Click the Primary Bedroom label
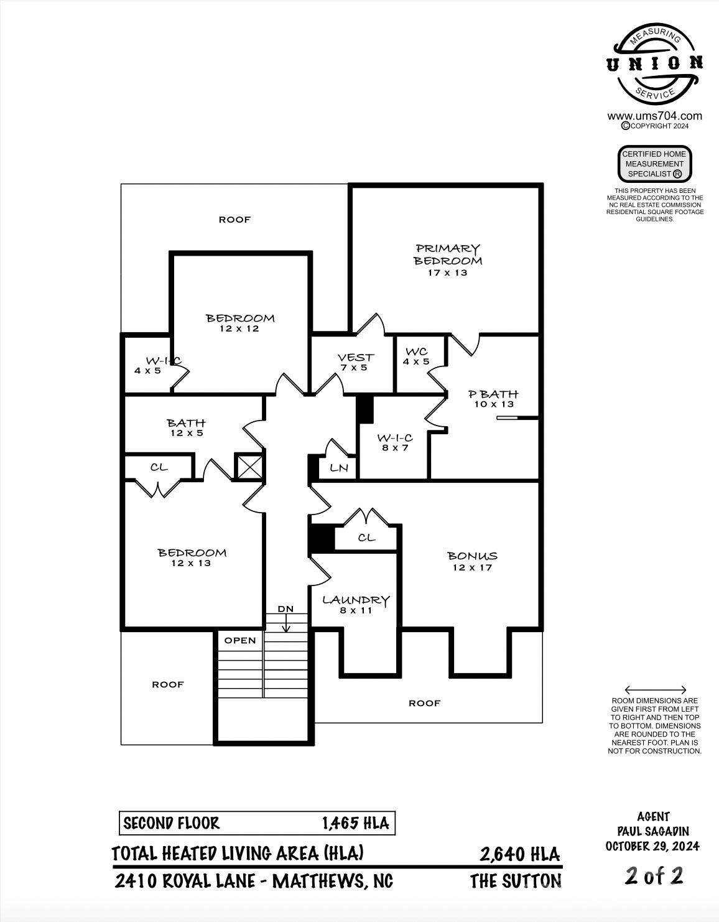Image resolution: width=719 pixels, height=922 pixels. click(x=448, y=254)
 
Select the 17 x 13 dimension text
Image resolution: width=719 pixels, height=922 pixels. click(x=447, y=272)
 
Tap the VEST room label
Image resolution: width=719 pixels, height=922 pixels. click(x=355, y=358)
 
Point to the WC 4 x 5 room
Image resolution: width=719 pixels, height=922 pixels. click(x=416, y=356)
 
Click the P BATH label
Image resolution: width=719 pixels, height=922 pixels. click(x=493, y=394)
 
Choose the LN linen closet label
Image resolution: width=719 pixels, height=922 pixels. click(x=339, y=468)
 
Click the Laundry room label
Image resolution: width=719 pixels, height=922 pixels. click(x=356, y=600)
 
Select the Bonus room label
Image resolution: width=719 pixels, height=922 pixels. click(x=472, y=556)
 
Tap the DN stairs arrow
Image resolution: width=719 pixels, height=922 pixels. click(x=285, y=620)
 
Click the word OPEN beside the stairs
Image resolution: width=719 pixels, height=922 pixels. click(x=240, y=640)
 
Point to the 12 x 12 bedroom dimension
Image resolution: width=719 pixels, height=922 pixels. click(x=239, y=328)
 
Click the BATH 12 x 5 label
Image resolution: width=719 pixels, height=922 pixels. click(x=186, y=427)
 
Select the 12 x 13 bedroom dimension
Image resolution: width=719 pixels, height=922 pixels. click(x=192, y=563)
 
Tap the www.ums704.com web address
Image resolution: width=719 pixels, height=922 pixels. click(x=654, y=116)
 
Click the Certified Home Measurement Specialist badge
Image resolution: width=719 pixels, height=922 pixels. click(x=654, y=164)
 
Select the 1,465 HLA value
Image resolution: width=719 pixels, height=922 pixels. click(x=355, y=824)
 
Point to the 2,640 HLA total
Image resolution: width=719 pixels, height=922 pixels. click(x=519, y=854)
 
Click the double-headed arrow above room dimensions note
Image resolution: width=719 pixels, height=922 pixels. click(x=655, y=690)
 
